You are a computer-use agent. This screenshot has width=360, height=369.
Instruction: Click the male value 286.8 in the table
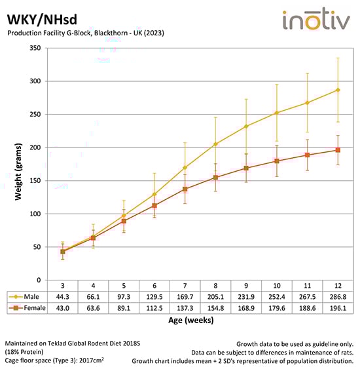point(338,297)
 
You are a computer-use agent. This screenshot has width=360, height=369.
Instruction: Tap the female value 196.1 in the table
point(338,309)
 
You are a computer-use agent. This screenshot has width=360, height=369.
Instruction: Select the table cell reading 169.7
point(185,297)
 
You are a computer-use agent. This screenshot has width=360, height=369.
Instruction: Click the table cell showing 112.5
point(154,309)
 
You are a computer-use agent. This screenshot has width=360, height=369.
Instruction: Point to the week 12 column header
point(338,286)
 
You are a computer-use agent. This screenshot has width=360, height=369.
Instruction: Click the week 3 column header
point(63,286)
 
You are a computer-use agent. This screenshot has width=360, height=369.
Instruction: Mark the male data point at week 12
point(338,90)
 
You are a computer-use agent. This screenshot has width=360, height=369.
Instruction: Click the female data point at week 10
point(277,161)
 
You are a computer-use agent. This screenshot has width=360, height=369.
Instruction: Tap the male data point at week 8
point(216,144)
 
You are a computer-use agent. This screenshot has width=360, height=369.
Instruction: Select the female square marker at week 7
point(185,189)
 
